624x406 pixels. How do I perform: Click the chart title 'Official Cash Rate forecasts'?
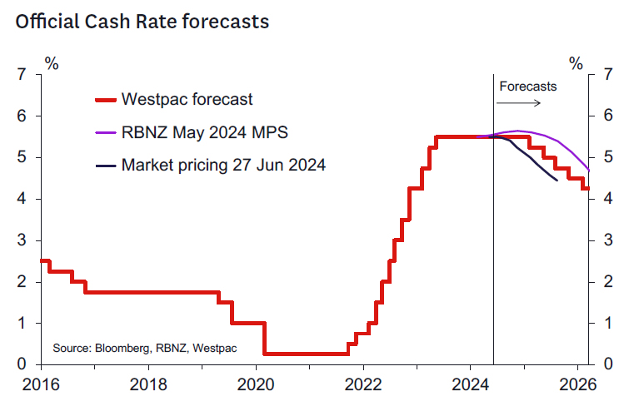pyautogui.click(x=142, y=22)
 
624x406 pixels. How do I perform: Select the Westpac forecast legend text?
pyautogui.click(x=187, y=100)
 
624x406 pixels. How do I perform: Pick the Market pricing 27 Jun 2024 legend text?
pyautogui.click(x=223, y=165)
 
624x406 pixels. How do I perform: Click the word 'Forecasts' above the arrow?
pyautogui.click(x=527, y=86)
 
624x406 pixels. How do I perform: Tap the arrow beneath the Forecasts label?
pyautogui.click(x=518, y=102)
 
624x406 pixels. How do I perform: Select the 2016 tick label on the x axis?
pyautogui.click(x=33, y=385)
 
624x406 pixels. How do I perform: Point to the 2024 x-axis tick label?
pyautogui.click(x=471, y=385)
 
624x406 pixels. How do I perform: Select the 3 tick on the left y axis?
pyautogui.click(x=22, y=240)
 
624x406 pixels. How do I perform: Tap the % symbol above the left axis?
pyautogui.click(x=52, y=62)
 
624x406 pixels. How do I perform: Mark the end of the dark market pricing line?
pyautogui.click(x=557, y=180)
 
